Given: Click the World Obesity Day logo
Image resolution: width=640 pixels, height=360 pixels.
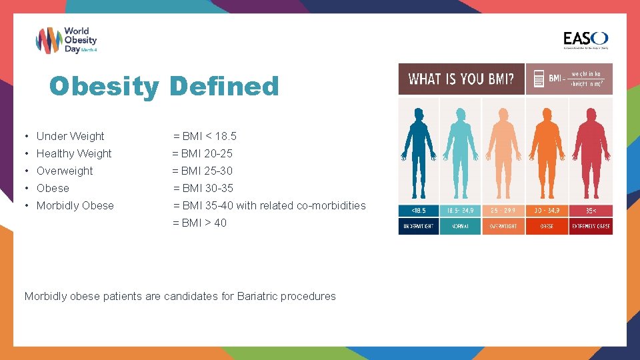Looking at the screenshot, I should pyautogui.click(x=66, y=41).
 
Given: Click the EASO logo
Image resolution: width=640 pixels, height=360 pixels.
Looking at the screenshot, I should pyautogui.click(x=585, y=40).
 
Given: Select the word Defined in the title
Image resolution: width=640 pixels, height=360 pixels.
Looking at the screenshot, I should pyautogui.click(x=223, y=86).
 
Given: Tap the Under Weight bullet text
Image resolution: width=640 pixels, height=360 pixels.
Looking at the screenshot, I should pyautogui.click(x=70, y=136).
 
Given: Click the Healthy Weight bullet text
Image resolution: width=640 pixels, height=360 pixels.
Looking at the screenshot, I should pyautogui.click(x=74, y=153).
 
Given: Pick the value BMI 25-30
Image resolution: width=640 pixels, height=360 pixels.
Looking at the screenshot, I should pyautogui.click(x=203, y=171).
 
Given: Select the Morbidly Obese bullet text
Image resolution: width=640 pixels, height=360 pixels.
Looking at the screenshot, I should pyautogui.click(x=75, y=205).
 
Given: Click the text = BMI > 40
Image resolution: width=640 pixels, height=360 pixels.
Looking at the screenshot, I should pyautogui.click(x=200, y=223).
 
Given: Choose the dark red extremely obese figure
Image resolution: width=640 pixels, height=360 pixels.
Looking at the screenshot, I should pyautogui.click(x=590, y=149).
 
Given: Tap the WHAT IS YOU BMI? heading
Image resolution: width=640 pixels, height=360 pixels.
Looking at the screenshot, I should pyautogui.click(x=461, y=79).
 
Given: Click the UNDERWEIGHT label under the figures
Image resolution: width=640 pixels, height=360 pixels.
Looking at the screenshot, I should pyautogui.click(x=418, y=226).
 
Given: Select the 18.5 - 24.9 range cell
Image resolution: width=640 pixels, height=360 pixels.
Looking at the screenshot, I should pyautogui.click(x=460, y=210).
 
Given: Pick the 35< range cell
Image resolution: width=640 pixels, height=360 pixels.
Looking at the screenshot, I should pyautogui.click(x=590, y=210).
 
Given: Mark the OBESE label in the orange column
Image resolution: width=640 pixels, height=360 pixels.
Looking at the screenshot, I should pyautogui.click(x=547, y=226).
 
